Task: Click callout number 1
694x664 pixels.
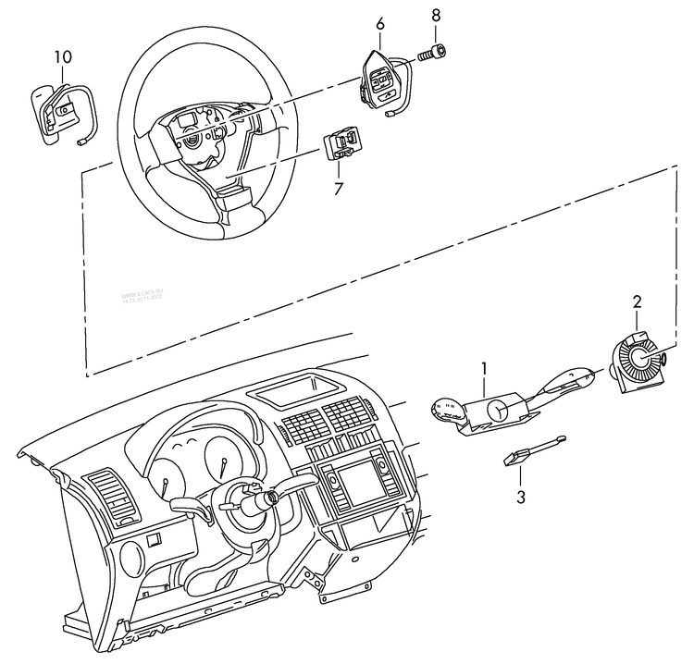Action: click(x=483, y=369)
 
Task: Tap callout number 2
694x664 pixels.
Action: click(x=636, y=301)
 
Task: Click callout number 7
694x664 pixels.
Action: click(x=339, y=190)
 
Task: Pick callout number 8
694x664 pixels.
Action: click(x=437, y=16)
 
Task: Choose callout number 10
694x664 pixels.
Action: click(x=62, y=57)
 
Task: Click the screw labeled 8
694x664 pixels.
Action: click(x=433, y=53)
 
